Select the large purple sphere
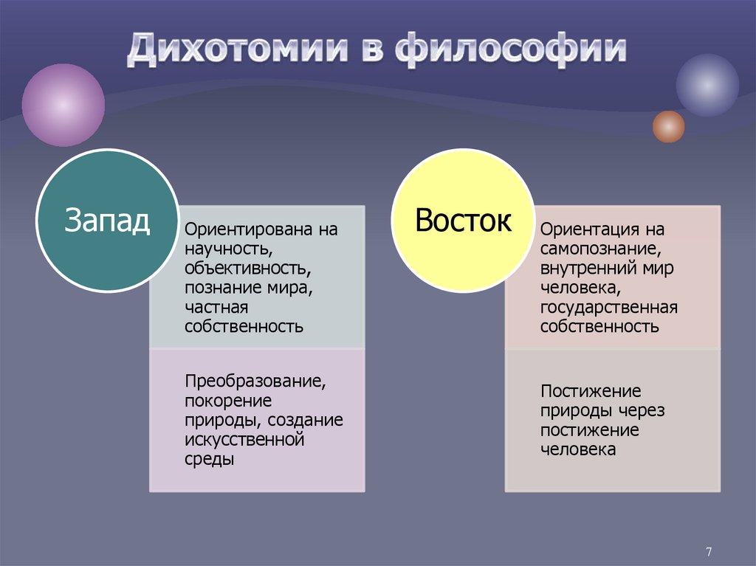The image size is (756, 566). point(63,105)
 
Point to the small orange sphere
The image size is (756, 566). point(668,126)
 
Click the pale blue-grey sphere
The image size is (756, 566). point(707,86)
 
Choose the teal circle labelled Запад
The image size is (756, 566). point(108,220)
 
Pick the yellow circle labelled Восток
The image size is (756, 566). point(462,220)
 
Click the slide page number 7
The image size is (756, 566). point(709,551)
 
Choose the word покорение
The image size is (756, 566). point(227,401)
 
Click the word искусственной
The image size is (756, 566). point(245,440)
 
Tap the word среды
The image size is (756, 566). point(210,459)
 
